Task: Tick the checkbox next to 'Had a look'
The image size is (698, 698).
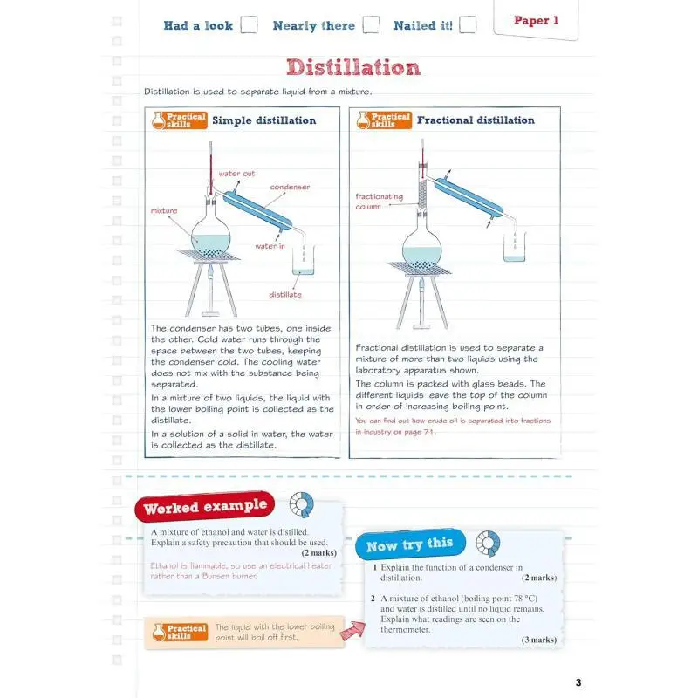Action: coord(249,24)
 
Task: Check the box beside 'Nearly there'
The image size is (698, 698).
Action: coord(371,24)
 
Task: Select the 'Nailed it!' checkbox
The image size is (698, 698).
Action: coord(468,24)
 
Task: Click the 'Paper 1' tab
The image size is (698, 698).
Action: coord(536,21)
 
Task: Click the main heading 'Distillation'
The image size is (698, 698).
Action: coord(353,67)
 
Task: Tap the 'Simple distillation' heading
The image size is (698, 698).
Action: coord(263,120)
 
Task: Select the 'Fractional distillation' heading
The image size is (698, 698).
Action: coord(476,120)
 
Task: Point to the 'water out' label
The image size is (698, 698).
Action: coord(236,174)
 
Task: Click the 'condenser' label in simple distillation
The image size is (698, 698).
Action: coord(289,187)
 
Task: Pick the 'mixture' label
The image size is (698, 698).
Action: coord(164,211)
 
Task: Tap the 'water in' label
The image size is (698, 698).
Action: coord(270,246)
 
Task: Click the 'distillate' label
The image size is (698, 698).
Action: coord(285,295)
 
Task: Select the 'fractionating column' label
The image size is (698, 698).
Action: coord(379,202)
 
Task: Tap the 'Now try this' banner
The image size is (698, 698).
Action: coord(409,545)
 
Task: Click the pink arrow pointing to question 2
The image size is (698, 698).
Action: coord(352,630)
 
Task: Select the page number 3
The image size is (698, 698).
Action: coord(578,681)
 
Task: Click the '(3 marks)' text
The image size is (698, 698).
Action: coord(539,640)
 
